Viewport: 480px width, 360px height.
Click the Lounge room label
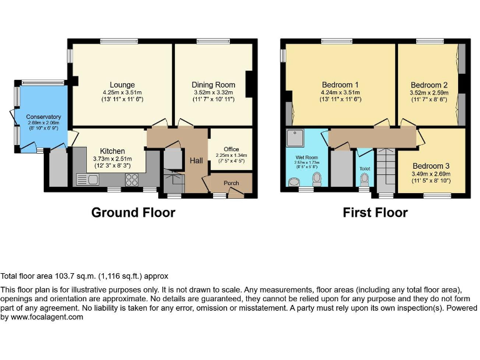tap(122, 85)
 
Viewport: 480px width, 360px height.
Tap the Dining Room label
tap(213, 85)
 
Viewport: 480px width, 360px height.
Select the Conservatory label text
tap(44, 117)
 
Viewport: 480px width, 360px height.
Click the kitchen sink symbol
tap(87, 179)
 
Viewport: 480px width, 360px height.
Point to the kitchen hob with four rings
tap(132, 180)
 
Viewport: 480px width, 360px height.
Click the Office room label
tap(231, 149)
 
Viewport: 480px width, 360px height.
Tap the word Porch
tap(231, 183)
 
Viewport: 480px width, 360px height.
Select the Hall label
tap(196, 161)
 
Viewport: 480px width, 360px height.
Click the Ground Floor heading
tap(134, 212)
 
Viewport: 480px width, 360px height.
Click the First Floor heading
tap(375, 212)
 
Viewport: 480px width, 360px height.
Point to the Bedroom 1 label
tap(341, 85)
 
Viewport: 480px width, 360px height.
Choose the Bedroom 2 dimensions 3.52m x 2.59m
tap(429, 92)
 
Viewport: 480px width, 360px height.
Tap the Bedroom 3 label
tap(431, 166)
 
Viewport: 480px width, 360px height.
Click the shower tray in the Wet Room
tap(295, 137)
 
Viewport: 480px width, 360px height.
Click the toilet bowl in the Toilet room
tap(364, 179)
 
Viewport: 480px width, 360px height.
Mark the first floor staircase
tap(387, 171)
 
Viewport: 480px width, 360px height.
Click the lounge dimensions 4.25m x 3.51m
tap(122, 92)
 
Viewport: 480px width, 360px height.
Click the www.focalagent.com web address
tap(47, 317)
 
